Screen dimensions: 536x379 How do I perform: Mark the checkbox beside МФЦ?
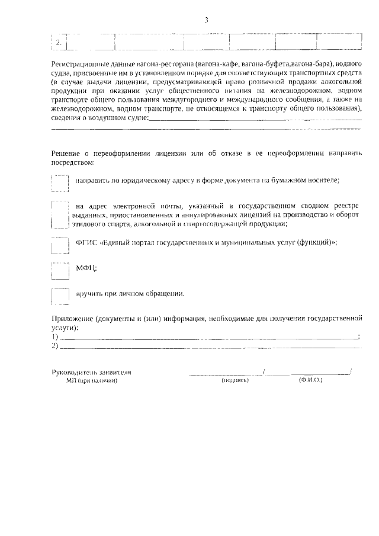click(x=60, y=269)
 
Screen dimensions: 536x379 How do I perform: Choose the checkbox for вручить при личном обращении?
click(x=60, y=296)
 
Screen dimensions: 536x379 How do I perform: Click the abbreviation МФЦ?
click(x=86, y=268)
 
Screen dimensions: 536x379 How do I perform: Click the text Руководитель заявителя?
click(x=92, y=373)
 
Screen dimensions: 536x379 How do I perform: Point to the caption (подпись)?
click(x=235, y=381)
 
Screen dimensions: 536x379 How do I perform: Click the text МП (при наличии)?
click(x=92, y=381)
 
